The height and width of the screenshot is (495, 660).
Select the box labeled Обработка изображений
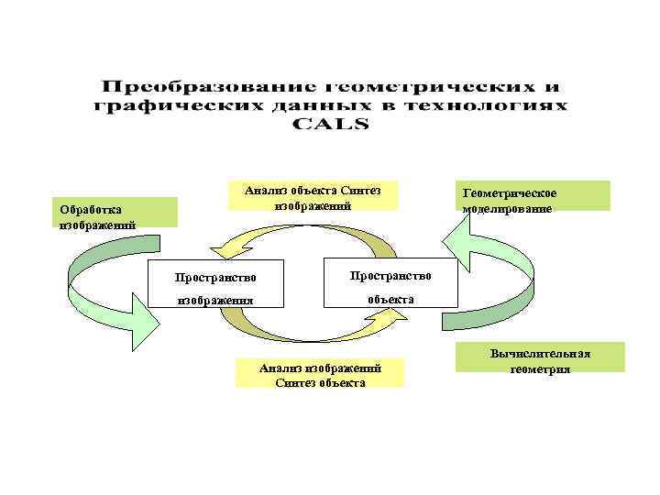pyautogui.click(x=115, y=212)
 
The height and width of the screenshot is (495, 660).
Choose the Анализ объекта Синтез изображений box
pyautogui.click(x=311, y=195)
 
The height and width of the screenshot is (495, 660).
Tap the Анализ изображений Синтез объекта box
pyautogui.click(x=319, y=373)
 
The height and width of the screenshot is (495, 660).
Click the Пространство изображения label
pyautogui.click(x=216, y=287)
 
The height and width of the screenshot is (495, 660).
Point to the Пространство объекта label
pyautogui.click(x=390, y=287)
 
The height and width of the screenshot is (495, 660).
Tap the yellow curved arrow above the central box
pyautogui.click(x=302, y=236)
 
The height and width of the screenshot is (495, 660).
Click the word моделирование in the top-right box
pyautogui.click(x=507, y=209)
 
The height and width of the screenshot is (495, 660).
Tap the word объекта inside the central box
pyautogui.click(x=390, y=299)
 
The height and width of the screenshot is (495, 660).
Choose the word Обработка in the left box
pyautogui.click(x=90, y=208)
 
